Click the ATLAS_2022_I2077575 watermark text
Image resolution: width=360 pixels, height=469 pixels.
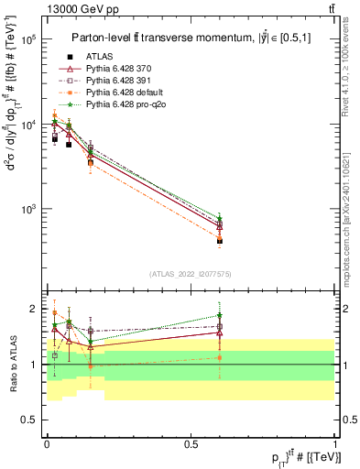coord(191,273)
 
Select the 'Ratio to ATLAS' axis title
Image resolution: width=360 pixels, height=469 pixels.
coord(12,365)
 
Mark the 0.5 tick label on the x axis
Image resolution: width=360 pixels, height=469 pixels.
coord(190,443)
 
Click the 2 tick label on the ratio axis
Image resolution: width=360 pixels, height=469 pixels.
coord(35,309)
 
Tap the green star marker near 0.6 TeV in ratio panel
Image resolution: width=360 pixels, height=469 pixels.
coord(219,316)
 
